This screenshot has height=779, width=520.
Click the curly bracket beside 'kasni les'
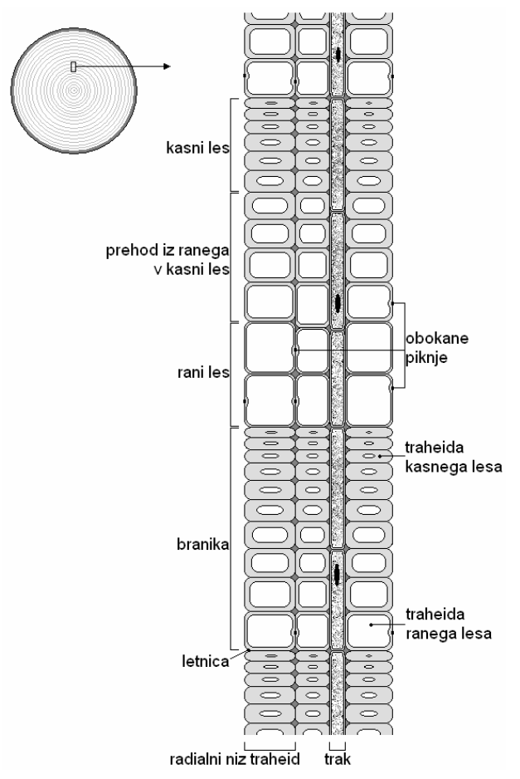(x=231, y=145)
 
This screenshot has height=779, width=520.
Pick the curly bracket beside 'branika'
(x=231, y=537)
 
